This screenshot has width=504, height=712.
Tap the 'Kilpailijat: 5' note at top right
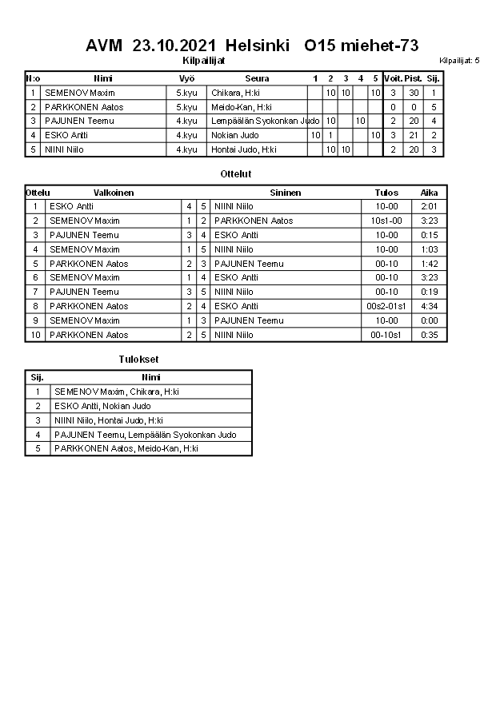tap(459, 61)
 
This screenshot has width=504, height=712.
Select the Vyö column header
tap(186, 78)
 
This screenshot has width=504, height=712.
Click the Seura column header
tap(257, 78)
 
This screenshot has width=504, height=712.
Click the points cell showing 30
tap(413, 93)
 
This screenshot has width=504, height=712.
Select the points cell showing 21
tap(413, 135)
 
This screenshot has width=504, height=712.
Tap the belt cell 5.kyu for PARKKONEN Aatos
tap(186, 107)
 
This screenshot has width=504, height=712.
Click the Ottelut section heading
tap(235, 173)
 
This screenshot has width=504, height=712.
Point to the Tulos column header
tap(386, 193)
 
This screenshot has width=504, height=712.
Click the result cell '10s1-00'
tap(386, 221)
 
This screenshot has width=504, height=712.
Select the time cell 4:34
tap(429, 306)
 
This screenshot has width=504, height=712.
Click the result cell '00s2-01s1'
tap(386, 306)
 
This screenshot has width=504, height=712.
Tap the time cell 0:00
tap(429, 320)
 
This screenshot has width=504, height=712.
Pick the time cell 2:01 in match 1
tap(429, 206)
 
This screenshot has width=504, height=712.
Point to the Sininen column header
tap(286, 193)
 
